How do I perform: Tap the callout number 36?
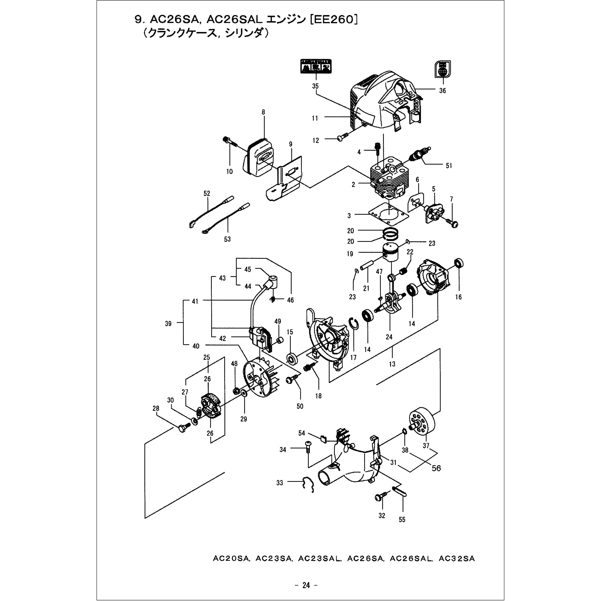click(x=442, y=91)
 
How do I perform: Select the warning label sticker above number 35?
click(x=316, y=66)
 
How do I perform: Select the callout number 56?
click(x=436, y=468)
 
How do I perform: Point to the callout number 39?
click(x=168, y=324)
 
